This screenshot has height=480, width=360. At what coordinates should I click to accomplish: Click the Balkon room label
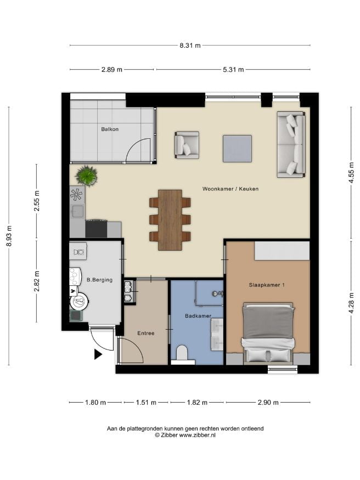110,129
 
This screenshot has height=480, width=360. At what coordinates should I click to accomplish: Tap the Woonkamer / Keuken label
230,189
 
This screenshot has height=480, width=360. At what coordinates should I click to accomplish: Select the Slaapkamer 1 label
267,285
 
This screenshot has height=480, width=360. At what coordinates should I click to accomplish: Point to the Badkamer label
198,315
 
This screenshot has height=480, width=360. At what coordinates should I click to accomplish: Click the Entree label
146,333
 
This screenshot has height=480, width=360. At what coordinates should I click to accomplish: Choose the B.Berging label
99,279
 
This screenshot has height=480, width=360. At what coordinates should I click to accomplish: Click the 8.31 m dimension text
190,46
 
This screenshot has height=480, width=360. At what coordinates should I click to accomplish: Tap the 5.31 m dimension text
233,70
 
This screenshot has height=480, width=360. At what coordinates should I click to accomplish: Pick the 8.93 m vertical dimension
9,236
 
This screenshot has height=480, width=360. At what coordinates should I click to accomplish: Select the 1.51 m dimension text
146,402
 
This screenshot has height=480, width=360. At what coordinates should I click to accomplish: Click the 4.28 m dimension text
351,303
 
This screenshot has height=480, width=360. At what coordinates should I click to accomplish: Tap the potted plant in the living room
87,176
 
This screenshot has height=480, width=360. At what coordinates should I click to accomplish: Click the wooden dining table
170,220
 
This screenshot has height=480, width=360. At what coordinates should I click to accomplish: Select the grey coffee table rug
237,149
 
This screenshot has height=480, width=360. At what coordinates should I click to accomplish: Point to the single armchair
187,145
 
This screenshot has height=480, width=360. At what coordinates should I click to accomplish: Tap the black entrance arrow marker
98,354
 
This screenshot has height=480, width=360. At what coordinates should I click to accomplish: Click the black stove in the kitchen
96,229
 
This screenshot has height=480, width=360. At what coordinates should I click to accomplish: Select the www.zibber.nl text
197,435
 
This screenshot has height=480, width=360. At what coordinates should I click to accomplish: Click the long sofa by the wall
291,144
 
